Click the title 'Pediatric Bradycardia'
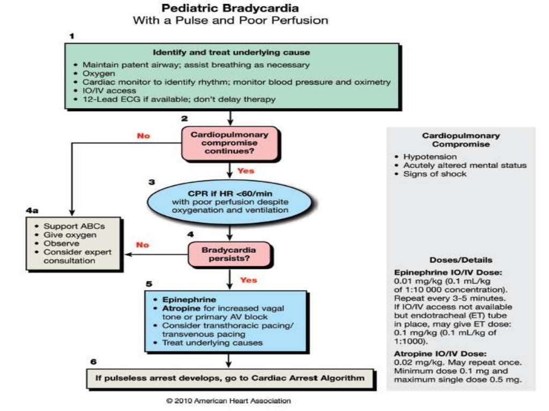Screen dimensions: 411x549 [x=231, y=9]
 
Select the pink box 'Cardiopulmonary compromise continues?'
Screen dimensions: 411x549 [x=229, y=143]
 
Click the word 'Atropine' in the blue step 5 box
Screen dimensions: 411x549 [x=174, y=309]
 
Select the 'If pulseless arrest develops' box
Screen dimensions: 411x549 [x=229, y=378]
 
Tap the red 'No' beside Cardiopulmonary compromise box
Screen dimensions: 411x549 [x=144, y=136]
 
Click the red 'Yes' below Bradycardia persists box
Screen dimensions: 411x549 [x=248, y=280]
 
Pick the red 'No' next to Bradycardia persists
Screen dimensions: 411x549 [x=143, y=245]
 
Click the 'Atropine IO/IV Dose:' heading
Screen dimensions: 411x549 [x=433, y=353]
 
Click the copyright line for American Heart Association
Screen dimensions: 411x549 [x=229, y=400]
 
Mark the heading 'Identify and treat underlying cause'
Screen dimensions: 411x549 [x=231, y=53]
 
